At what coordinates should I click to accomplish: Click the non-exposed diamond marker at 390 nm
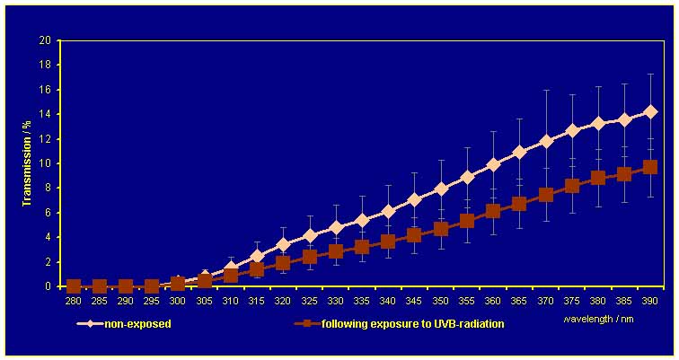[x=650, y=112]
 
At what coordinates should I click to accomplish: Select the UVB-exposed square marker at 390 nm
[x=650, y=167]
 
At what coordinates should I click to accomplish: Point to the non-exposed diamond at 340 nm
[x=388, y=211]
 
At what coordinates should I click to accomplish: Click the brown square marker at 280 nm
[x=74, y=286]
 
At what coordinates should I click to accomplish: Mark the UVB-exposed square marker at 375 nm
[x=571, y=186]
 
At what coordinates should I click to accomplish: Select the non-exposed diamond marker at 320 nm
[x=283, y=244]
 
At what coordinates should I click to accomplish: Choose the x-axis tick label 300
[x=178, y=303]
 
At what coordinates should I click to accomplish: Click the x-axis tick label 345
[x=414, y=303]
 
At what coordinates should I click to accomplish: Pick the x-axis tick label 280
[x=74, y=303]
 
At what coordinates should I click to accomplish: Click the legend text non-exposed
[x=140, y=324]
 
